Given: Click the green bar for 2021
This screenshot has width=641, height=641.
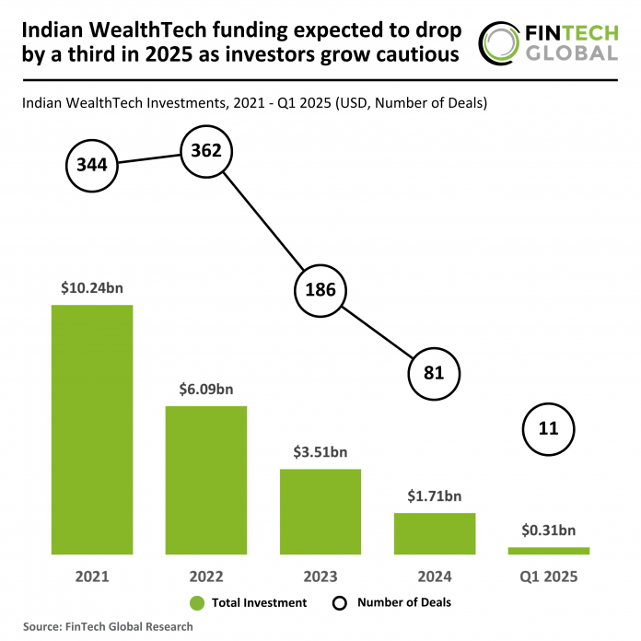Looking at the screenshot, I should point(92,429).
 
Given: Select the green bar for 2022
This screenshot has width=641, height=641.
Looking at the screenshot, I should point(206,480).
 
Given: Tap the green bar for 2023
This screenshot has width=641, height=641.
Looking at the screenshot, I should point(320,511).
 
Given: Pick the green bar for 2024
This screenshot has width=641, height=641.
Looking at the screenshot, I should point(435,533).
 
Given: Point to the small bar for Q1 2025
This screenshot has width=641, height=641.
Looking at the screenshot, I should point(549,551).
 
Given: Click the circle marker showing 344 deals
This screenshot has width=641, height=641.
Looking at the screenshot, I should point(92,167).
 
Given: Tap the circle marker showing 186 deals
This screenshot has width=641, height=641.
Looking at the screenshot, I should point(320,291).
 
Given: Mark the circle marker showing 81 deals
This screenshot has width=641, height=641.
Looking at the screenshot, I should point(435,373).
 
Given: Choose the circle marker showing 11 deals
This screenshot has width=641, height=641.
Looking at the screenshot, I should point(549,427).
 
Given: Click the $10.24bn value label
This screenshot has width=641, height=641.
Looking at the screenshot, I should point(92,287).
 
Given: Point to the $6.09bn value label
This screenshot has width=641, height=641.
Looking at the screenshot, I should point(206,389).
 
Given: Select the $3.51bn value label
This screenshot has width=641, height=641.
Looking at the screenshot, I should point(320,452).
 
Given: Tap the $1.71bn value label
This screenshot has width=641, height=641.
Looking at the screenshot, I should point(435,496).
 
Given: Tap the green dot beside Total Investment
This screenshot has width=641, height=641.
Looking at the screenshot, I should point(196,603).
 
